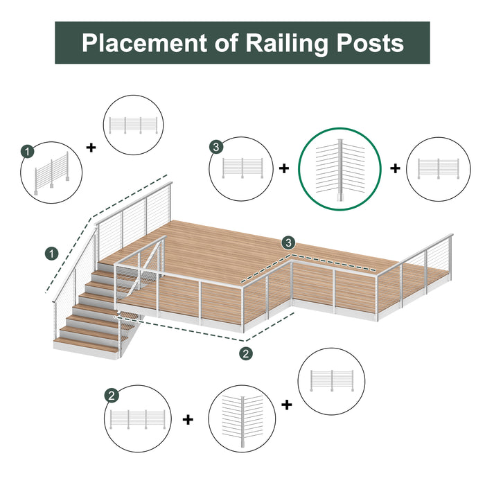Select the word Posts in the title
coord(369,43)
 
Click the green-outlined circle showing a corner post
coord(340,169)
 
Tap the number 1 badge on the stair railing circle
coord(27,150)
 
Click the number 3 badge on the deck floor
coord(288,242)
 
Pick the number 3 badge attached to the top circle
coord(216,146)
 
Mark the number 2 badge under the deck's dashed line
coord(246,353)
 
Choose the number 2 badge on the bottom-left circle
coord(111,396)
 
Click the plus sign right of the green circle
coord(395,168)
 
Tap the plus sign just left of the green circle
coord(284,168)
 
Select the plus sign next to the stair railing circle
coord(91,147)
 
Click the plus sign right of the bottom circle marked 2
coord(188,419)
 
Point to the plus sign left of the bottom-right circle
coord(286,404)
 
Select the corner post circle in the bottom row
coord(242,420)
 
